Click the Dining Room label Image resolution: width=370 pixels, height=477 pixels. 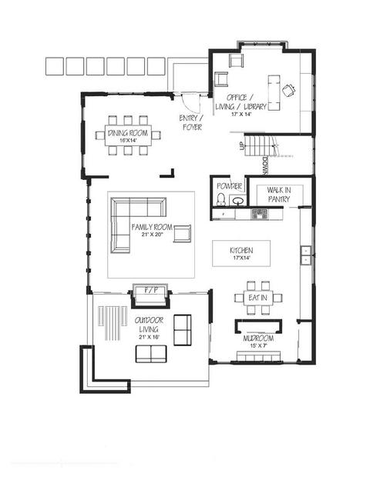(128, 133)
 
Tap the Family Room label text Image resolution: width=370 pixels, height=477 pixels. (152, 227)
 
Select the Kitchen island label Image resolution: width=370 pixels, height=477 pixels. (241, 250)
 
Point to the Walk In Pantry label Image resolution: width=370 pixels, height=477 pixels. (279, 195)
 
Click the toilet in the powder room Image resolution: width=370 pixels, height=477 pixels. (220, 199)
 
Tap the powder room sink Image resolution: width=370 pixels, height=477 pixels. (238, 201)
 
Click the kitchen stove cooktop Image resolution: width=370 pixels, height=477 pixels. (259, 214)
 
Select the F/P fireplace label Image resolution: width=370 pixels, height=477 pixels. (151, 290)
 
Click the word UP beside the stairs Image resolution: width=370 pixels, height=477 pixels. (242, 145)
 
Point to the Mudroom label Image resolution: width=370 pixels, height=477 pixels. (258, 339)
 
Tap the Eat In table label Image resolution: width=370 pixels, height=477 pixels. (257, 298)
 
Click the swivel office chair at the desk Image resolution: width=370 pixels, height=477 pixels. (288, 90)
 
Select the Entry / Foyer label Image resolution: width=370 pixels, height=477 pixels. (191, 122)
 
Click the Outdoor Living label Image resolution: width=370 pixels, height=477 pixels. (149, 325)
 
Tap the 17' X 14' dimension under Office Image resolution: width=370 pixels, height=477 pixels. (240, 115)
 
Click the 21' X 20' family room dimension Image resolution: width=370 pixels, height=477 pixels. (153, 235)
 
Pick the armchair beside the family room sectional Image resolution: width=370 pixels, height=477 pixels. (182, 234)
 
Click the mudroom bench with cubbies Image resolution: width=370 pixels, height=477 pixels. (258, 356)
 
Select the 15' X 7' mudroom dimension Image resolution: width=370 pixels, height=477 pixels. (258, 345)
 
